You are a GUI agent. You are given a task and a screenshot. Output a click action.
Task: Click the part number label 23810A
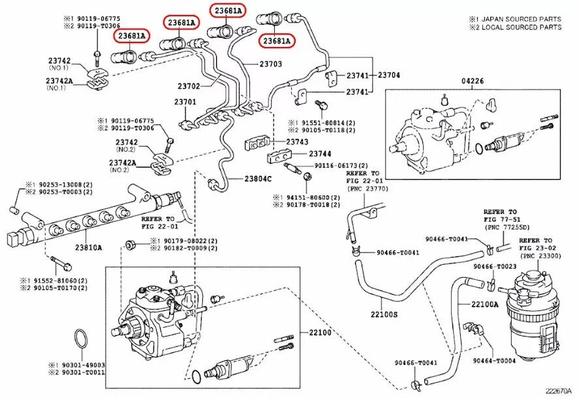coord(88,248)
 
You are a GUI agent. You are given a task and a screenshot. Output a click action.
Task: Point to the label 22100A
coord(485,304)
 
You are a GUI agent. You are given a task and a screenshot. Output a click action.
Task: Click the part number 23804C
coord(258,179)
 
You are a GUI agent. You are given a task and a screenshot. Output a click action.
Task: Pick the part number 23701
coord(185,102)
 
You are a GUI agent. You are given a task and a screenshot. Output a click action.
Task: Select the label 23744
coord(320,154)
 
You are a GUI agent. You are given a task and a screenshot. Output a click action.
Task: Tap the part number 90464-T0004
coord(494,361)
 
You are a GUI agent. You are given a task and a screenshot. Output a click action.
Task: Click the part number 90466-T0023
coord(495,267)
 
